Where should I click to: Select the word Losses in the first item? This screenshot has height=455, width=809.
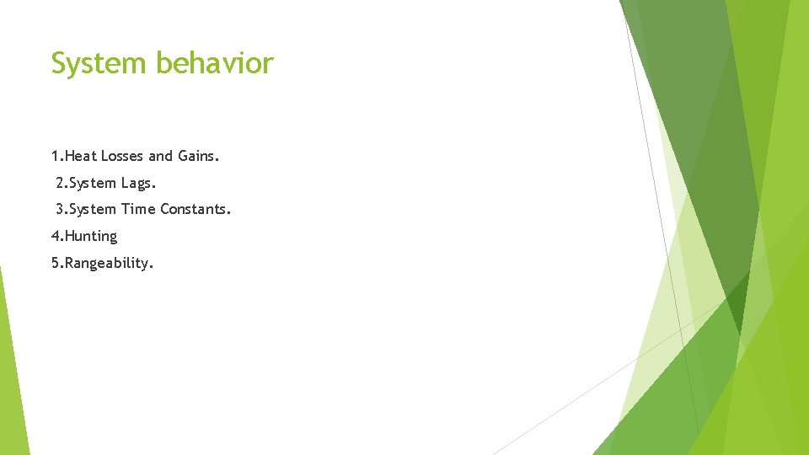[x=122, y=156]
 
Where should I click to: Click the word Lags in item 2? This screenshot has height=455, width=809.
[x=138, y=182]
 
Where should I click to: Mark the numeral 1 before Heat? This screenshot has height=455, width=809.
[x=55, y=156]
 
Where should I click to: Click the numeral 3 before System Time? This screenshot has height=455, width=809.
[x=59, y=208]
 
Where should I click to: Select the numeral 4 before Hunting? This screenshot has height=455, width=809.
[x=55, y=236]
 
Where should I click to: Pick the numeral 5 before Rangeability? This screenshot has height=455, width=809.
[x=55, y=263]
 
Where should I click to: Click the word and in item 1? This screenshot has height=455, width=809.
[x=160, y=156]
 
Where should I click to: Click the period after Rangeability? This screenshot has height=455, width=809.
[x=151, y=266]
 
